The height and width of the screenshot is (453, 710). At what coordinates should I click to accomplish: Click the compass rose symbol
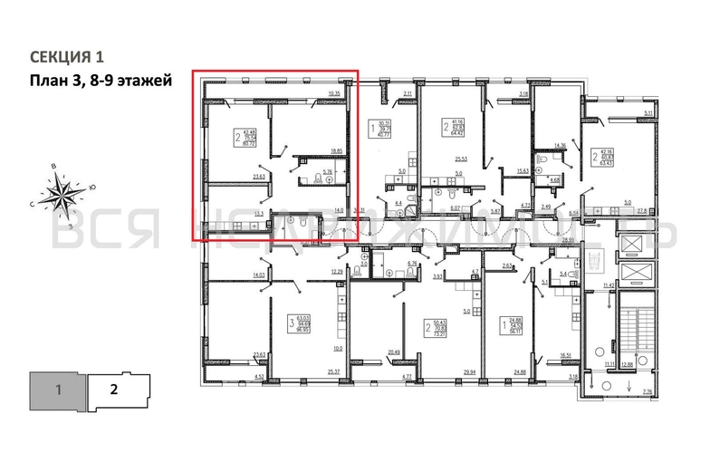[x=62, y=192]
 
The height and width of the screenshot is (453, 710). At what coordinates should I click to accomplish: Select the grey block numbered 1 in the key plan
[x=57, y=391]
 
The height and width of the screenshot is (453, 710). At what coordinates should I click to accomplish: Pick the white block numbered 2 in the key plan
[x=113, y=391]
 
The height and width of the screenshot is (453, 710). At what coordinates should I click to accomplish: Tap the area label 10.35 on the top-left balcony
[x=334, y=92]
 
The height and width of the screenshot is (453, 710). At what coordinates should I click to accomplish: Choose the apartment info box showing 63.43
[x=599, y=159]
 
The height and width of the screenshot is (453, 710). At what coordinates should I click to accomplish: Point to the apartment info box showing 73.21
[x=441, y=328]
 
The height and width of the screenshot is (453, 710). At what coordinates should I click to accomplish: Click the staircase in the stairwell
[x=630, y=331]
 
